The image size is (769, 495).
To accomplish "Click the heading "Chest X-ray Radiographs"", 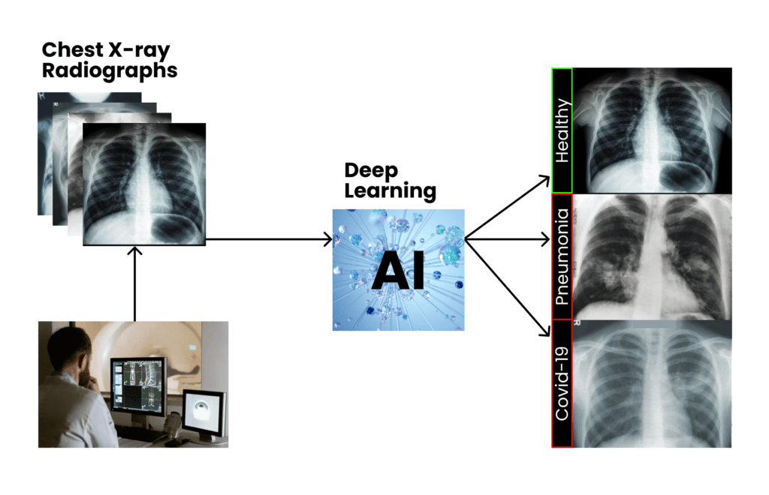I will [x=110, y=61].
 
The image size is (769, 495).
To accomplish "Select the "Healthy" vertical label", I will [x=562, y=130].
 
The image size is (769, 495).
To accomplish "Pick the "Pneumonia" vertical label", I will [x=562, y=256].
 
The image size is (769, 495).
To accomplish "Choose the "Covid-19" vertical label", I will [x=562, y=383].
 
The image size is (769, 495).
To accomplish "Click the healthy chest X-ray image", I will [x=652, y=130].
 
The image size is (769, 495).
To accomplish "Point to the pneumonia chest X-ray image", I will [x=652, y=256].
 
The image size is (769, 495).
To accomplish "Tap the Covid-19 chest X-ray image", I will [x=652, y=383].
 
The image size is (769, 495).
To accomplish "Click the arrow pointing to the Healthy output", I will [x=511, y=207].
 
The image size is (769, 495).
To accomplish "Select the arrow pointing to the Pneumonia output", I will [x=511, y=239].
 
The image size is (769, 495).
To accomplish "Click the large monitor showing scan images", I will [x=137, y=383].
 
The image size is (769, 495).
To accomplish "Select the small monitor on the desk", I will [x=205, y=412].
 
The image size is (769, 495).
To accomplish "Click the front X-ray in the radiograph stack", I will [x=144, y=183].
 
